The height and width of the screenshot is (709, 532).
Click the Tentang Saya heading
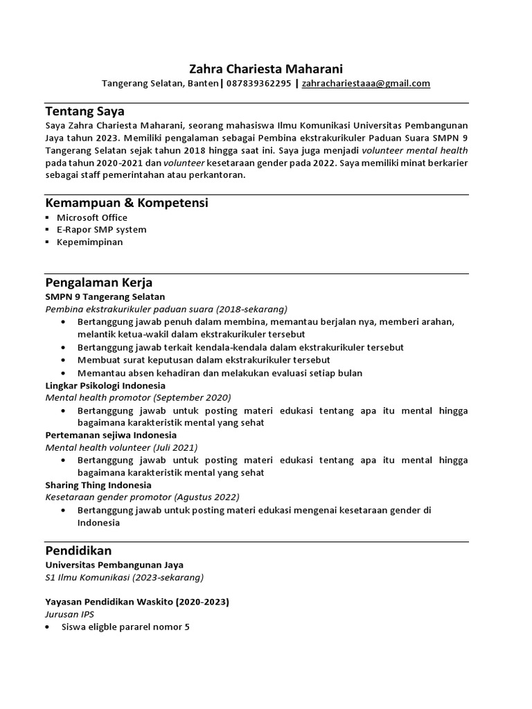click(x=85, y=111)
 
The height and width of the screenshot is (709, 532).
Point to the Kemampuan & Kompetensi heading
click(x=127, y=203)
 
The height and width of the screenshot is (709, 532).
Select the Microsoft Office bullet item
click(x=92, y=217)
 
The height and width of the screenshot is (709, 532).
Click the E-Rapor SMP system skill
click(x=101, y=230)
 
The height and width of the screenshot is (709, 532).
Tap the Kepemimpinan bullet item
click(x=90, y=242)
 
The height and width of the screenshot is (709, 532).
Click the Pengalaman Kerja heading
click(x=98, y=282)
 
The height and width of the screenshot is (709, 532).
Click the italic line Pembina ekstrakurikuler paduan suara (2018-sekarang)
click(x=166, y=309)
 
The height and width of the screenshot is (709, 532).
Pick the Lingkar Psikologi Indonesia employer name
click(x=105, y=385)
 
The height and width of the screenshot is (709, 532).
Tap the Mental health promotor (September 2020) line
click(x=138, y=397)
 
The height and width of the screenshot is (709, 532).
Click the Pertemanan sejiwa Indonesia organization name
click(x=111, y=435)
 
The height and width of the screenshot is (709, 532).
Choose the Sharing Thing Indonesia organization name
click(x=98, y=485)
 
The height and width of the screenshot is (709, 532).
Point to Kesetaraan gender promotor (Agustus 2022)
click(x=142, y=497)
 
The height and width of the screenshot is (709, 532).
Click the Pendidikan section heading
click(x=78, y=550)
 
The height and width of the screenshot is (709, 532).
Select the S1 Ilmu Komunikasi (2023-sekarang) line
click(x=125, y=577)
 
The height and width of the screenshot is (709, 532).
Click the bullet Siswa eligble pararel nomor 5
click(x=125, y=627)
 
